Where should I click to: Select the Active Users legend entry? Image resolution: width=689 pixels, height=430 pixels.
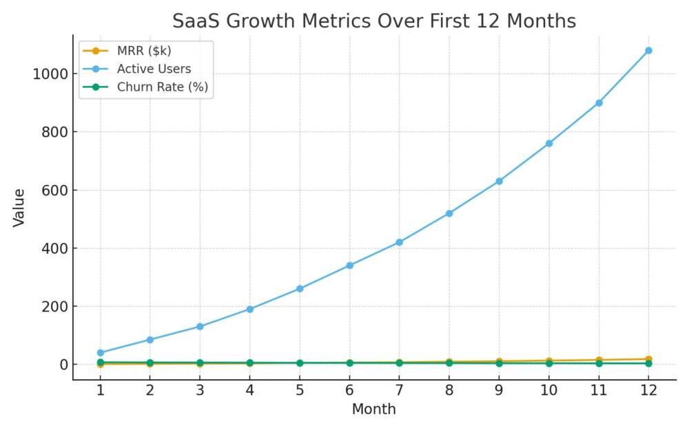point(154,69)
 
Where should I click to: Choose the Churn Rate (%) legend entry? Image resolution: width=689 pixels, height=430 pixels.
point(163,87)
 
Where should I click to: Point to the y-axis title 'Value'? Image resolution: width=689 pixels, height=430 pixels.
point(19,208)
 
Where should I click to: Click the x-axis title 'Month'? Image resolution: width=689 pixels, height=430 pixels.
point(373,409)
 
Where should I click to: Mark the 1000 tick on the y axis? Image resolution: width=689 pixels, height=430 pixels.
point(50,74)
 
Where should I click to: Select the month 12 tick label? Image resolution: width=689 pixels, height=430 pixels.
point(648,390)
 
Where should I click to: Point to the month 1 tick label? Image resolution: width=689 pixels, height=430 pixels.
point(101,390)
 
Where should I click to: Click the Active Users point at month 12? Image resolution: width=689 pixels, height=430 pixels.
point(648,50)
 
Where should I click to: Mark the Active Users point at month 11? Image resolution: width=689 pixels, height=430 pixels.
point(599,103)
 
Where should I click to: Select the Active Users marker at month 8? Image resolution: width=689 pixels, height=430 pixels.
point(449,213)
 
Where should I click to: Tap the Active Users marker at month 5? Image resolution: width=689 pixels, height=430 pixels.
point(300,288)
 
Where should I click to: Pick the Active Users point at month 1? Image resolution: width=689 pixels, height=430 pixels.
point(101,352)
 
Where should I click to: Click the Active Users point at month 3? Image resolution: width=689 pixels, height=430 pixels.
point(200,326)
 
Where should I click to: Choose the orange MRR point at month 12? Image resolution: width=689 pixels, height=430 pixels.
point(648,358)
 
